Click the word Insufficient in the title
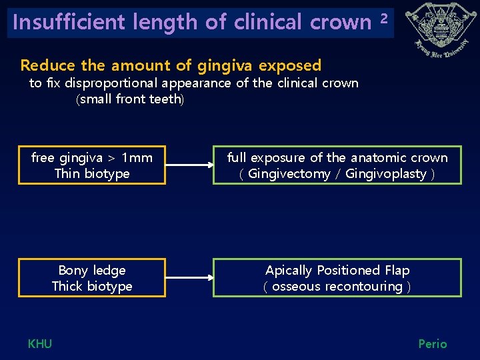pos(69,22)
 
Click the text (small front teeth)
pos(130,99)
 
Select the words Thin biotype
pos(92,174)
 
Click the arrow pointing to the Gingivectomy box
pos(189,165)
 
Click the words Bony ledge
pos(92,271)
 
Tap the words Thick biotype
pos(92,287)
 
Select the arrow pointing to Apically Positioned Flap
pos(189,277)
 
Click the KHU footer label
pos(40,344)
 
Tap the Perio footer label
pos(433,344)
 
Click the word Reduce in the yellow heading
pos(48,65)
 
